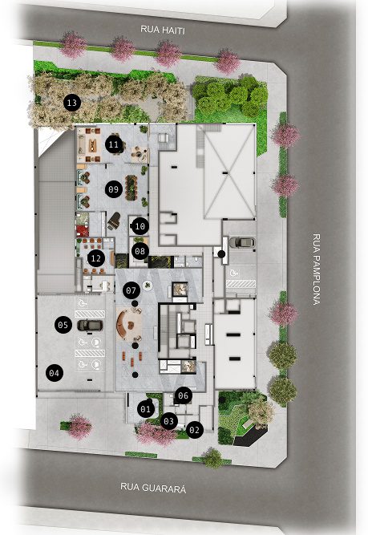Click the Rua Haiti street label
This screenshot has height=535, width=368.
click(163, 30)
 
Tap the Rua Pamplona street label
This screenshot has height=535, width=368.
click(317, 269)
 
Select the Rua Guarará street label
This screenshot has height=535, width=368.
click(153, 488)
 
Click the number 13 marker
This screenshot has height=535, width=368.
click(72, 103)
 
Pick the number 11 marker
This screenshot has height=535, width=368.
click(114, 144)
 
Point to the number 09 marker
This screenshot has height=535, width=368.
click(114, 189)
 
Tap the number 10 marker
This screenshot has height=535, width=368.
click(140, 226)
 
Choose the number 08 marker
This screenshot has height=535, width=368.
click(140, 252)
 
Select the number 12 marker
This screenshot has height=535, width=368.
click(96, 258)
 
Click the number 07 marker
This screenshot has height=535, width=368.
click(131, 290)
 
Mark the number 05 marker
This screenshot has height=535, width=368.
click(63, 325)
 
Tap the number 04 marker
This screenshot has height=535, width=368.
click(55, 373)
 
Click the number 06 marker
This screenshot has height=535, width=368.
click(183, 395)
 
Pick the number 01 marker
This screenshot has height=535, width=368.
click(146, 409)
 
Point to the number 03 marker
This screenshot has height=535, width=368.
click(169, 421)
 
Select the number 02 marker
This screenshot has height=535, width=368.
click(194, 430)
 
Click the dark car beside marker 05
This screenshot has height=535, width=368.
click(90, 326)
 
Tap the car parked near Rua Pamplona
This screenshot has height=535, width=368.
click(242, 242)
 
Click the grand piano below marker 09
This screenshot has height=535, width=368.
click(114, 221)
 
